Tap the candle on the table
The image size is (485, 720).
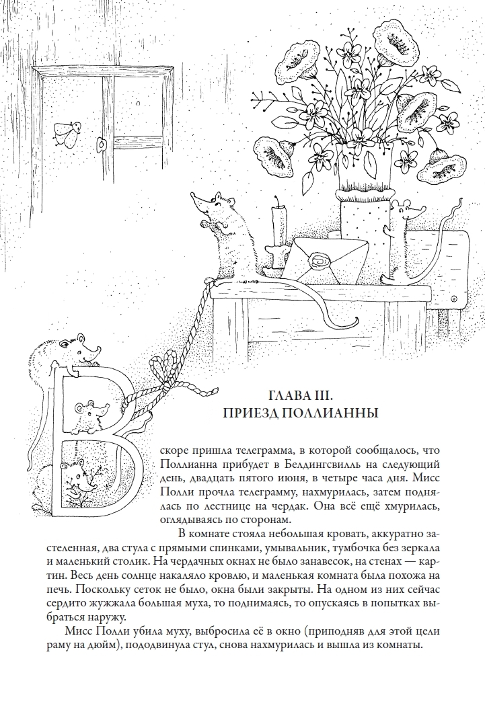(276, 229)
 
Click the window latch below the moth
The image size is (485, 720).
(102, 144)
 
